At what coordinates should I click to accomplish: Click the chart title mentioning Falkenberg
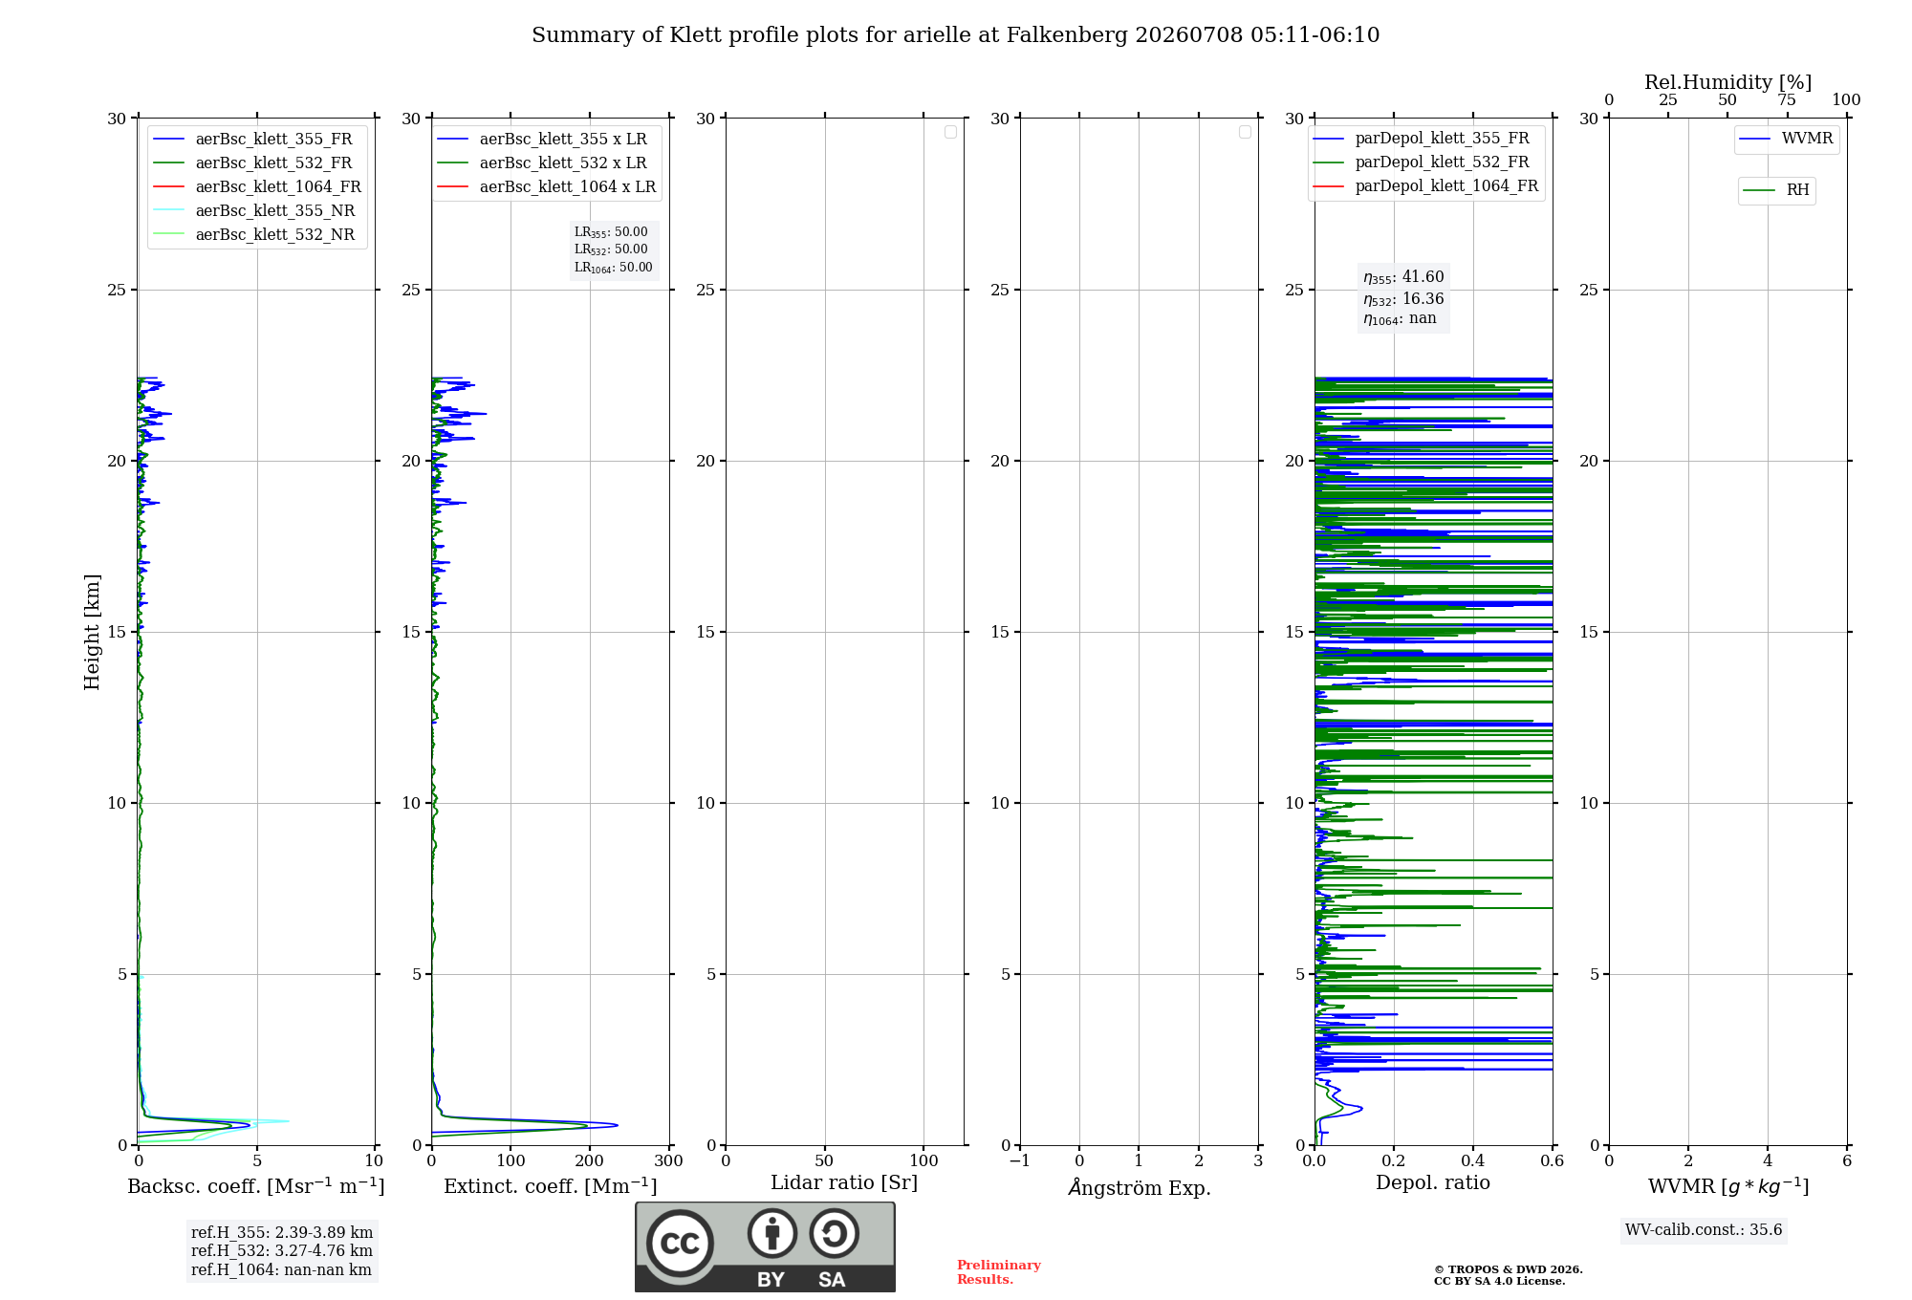coord(955,35)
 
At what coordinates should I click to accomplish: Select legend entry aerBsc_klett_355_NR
coord(253,210)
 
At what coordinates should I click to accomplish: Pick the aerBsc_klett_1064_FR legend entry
coord(257,186)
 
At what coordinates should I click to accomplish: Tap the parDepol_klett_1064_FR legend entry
coord(1425,185)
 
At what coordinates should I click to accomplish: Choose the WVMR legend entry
coord(1786,139)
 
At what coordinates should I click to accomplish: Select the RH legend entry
coord(1776,190)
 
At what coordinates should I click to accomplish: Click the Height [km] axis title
coord(92,632)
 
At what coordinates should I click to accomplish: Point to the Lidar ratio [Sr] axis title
coord(844,1182)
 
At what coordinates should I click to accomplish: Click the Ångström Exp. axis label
coord(1140,1187)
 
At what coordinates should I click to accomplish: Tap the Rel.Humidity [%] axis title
coord(1728,82)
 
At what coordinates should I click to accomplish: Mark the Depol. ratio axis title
coord(1433,1182)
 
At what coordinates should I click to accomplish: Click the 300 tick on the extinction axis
coord(669,1160)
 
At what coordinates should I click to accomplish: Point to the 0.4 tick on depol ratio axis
coord(1473,1160)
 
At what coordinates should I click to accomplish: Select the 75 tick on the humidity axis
coord(1787,100)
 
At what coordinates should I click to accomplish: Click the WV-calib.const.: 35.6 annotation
coord(1704,1230)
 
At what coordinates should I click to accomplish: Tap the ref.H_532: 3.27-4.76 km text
coord(282,1250)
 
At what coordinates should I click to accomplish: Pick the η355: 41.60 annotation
coord(1403,277)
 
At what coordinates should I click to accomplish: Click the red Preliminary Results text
coord(999,1272)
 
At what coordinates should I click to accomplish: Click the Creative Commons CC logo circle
coord(680,1244)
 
